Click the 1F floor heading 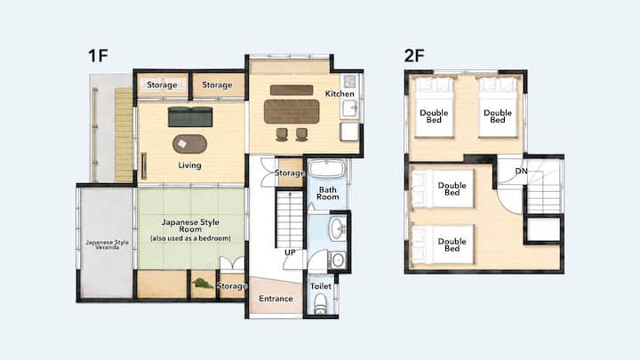[98, 55]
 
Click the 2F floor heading [414, 55]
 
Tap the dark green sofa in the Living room [190, 116]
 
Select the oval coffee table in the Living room [190, 144]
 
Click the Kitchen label [340, 94]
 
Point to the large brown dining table [292, 111]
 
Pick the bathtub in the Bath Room [326, 169]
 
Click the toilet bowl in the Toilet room [320, 303]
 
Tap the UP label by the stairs [290, 252]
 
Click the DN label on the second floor [521, 171]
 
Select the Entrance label [276, 299]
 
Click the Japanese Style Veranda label [107, 244]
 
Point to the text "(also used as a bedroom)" [190, 238]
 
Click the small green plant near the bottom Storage [203, 284]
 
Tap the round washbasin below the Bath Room [337, 229]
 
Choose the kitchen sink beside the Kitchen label [350, 109]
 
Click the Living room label [190, 165]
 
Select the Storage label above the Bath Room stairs [290, 173]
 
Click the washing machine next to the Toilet [338, 260]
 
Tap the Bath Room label [328, 193]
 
